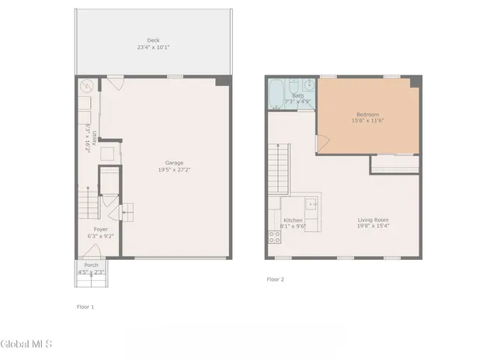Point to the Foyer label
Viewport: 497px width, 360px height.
pos(101,230)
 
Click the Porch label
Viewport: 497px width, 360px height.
pos(91,265)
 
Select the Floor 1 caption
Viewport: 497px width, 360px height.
pos(85,306)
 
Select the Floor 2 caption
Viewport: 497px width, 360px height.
pos(275,279)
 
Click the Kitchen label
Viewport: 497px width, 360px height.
pos(293,220)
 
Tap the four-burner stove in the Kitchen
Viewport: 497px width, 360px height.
pos(274,237)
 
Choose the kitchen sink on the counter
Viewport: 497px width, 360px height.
pos(311,205)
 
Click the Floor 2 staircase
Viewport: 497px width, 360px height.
pos(277,168)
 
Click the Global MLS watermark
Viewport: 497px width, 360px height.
pos(25,343)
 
